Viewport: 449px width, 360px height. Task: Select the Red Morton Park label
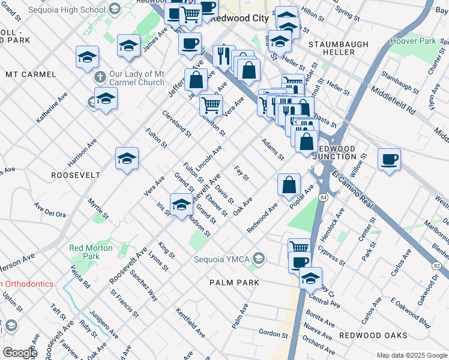(91, 252)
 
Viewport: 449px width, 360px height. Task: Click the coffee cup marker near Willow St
(389, 159)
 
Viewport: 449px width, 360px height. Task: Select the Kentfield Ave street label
(191, 320)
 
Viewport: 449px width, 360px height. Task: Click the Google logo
(20, 352)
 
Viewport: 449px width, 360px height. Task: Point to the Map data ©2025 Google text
(411, 355)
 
